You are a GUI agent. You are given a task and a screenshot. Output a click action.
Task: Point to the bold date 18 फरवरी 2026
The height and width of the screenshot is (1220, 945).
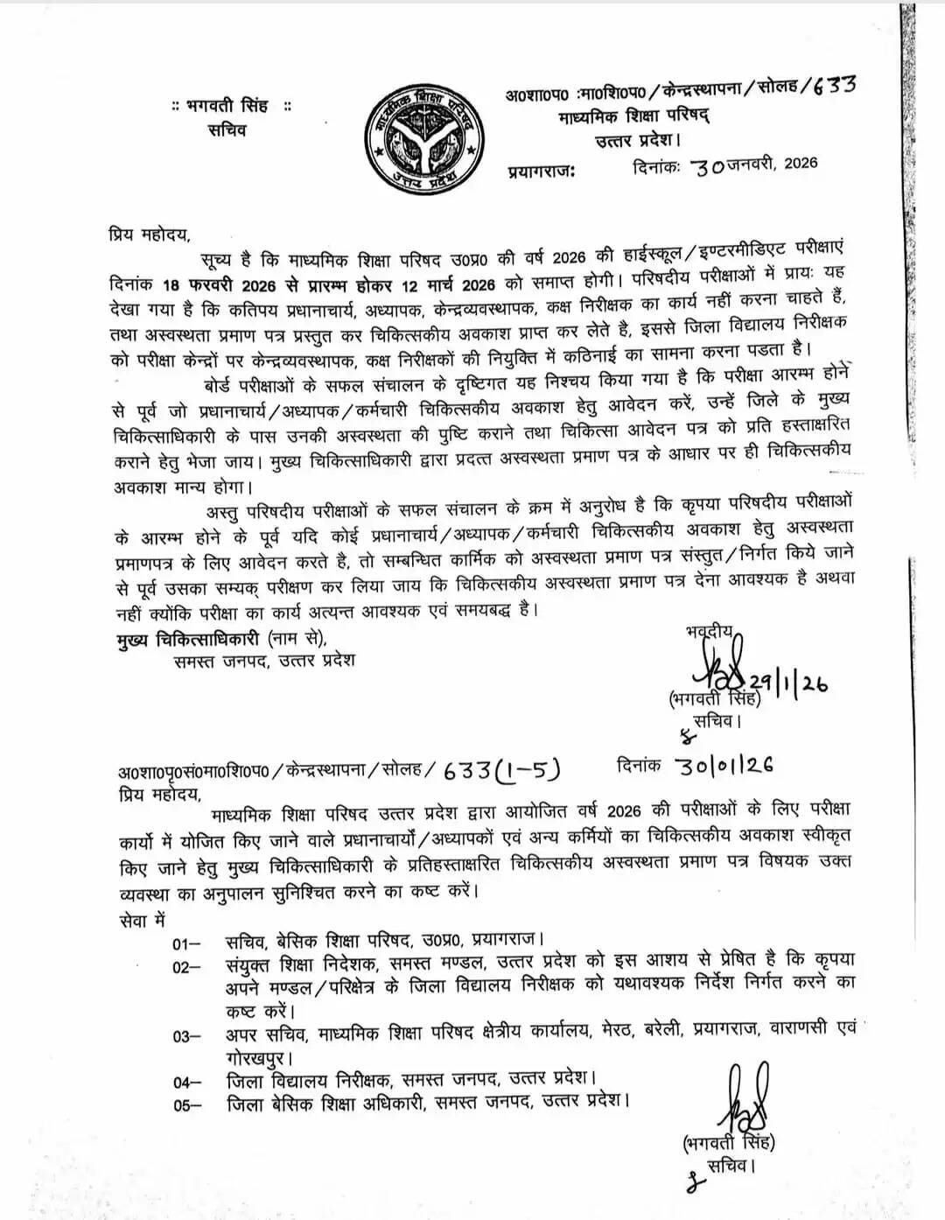(x=217, y=285)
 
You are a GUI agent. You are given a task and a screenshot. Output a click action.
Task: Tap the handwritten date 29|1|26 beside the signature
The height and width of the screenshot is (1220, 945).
(x=789, y=684)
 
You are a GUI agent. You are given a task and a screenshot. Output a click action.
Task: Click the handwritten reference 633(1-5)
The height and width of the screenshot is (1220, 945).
(x=501, y=769)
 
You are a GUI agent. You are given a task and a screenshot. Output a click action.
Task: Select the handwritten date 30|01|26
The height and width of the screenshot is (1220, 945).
(x=724, y=765)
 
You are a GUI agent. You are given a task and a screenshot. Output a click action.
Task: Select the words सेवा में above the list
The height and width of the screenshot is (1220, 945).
(x=141, y=921)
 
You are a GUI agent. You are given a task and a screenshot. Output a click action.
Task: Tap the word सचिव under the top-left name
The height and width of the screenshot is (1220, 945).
(x=227, y=130)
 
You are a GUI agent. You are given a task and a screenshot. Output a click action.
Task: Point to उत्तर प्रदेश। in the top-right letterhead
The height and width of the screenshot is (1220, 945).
(x=637, y=140)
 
